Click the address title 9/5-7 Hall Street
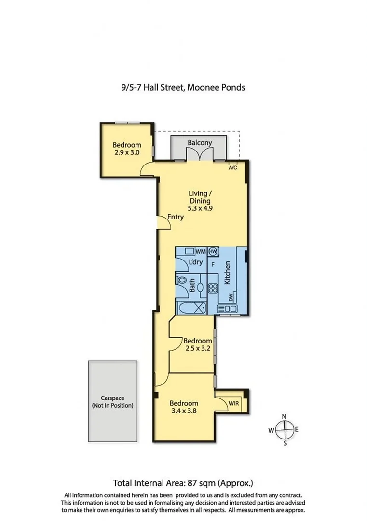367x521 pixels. (x=183, y=87)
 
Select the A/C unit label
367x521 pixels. (x=232, y=167)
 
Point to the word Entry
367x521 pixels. (x=175, y=217)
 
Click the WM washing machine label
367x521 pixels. (x=201, y=251)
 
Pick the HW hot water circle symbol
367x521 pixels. (x=213, y=251)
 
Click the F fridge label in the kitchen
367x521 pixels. (x=212, y=264)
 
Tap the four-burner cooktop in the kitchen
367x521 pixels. (x=213, y=289)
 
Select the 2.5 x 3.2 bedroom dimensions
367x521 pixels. (x=198, y=348)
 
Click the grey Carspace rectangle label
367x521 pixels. (x=112, y=402)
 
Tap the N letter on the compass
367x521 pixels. (x=285, y=416)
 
